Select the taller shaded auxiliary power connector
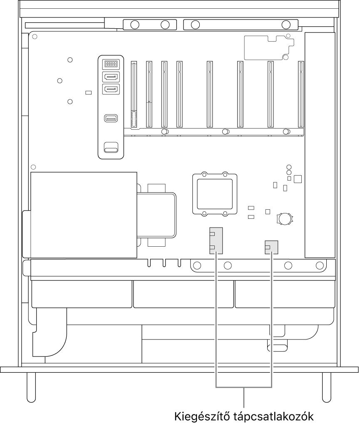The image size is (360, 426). click(216, 241)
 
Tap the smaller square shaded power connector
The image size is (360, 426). click(271, 247)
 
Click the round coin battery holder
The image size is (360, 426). click(285, 218)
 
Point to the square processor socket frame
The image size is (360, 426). click(215, 194)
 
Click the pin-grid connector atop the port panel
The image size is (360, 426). click(111, 64)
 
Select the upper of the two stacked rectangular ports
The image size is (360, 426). click(111, 77)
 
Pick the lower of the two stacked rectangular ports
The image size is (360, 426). click(111, 89)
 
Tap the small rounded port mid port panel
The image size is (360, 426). click(111, 119)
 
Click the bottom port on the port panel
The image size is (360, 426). click(111, 147)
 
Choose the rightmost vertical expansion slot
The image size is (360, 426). click(301, 94)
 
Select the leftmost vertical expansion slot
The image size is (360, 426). click(134, 94)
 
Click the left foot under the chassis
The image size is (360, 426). click(31, 387)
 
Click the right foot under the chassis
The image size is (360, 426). click(327, 387)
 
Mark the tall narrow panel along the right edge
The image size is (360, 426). click(320, 145)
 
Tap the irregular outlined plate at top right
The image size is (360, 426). click(269, 47)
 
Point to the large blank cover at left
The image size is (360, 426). click(84, 215)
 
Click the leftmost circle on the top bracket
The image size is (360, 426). click(134, 25)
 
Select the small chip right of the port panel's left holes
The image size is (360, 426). click(88, 93)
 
